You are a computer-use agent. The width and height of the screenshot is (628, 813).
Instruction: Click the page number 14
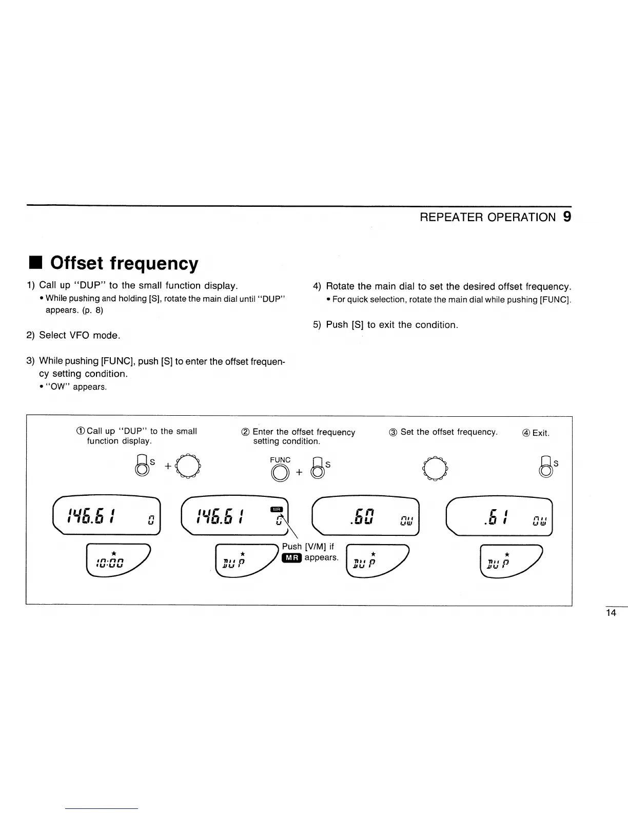611,613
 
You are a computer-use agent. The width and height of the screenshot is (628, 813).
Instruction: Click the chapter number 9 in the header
566,217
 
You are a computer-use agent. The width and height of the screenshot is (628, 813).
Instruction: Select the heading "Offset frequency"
124,263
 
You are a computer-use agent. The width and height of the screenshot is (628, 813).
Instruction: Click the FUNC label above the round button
280,460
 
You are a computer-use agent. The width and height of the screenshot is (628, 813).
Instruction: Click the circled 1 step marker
81,432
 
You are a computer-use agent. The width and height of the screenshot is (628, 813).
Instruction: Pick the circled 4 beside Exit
526,433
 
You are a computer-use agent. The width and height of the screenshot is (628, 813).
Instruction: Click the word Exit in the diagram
541,433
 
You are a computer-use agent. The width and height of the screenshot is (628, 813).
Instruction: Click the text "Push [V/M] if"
308,547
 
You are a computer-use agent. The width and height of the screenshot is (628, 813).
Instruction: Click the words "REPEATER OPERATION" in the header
487,217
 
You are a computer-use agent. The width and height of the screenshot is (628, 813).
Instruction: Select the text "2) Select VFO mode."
73,335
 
